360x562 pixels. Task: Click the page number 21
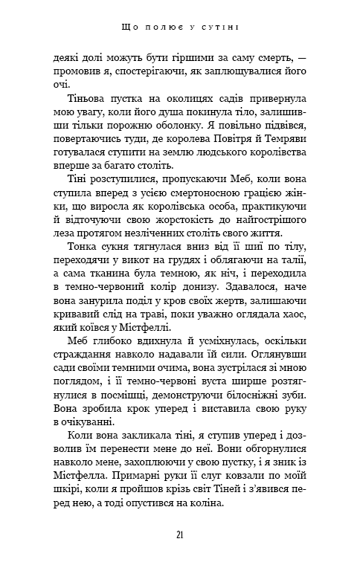[180, 534]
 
